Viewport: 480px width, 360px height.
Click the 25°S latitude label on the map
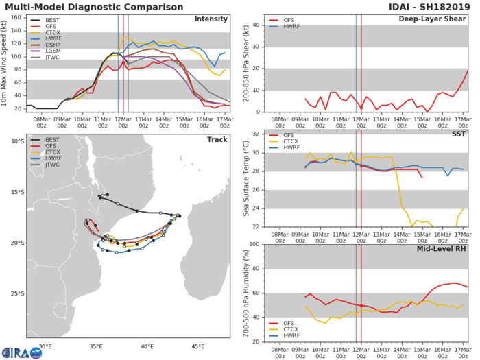click(x=14, y=293)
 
